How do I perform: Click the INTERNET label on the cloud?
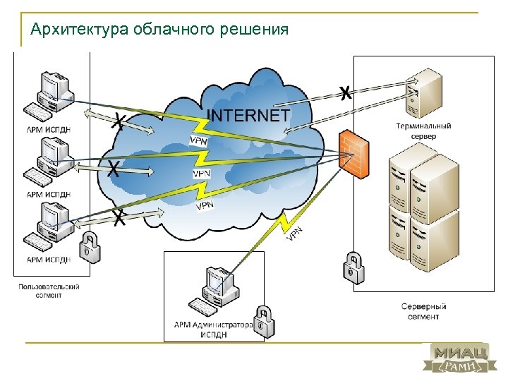coord(248,115)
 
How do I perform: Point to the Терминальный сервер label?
coord(423,131)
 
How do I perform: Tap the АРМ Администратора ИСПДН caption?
coord(213,330)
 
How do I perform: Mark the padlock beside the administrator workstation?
coord(263,322)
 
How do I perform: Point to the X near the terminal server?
coord(345,92)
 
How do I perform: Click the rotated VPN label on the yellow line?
coord(295,234)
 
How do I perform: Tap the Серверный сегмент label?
coord(423,312)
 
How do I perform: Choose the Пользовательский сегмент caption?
coord(49,291)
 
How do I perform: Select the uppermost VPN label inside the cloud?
coord(199,140)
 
